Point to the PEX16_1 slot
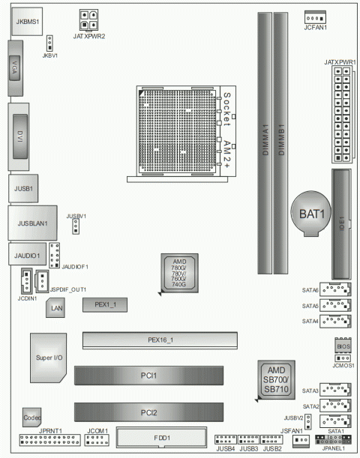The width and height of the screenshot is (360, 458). (x=160, y=340)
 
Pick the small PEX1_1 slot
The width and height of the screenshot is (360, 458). (x=104, y=304)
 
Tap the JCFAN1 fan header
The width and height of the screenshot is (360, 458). (x=316, y=18)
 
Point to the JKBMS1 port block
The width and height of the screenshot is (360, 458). (x=26, y=22)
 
